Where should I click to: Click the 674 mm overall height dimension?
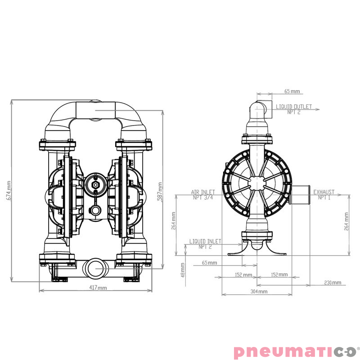click(x=8, y=190)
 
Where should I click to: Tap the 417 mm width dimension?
click(x=98, y=288)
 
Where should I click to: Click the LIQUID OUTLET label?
click(x=293, y=107)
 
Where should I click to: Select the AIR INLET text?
click(x=203, y=192)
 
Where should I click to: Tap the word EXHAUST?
click(x=324, y=192)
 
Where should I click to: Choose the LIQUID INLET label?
click(x=205, y=242)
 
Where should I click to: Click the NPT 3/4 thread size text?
click(x=203, y=197)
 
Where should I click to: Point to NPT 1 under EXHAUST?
click(x=324, y=197)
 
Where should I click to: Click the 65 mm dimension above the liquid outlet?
click(x=292, y=91)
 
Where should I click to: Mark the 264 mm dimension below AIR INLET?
click(x=174, y=221)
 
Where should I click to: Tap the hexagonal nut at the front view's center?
click(x=95, y=185)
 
